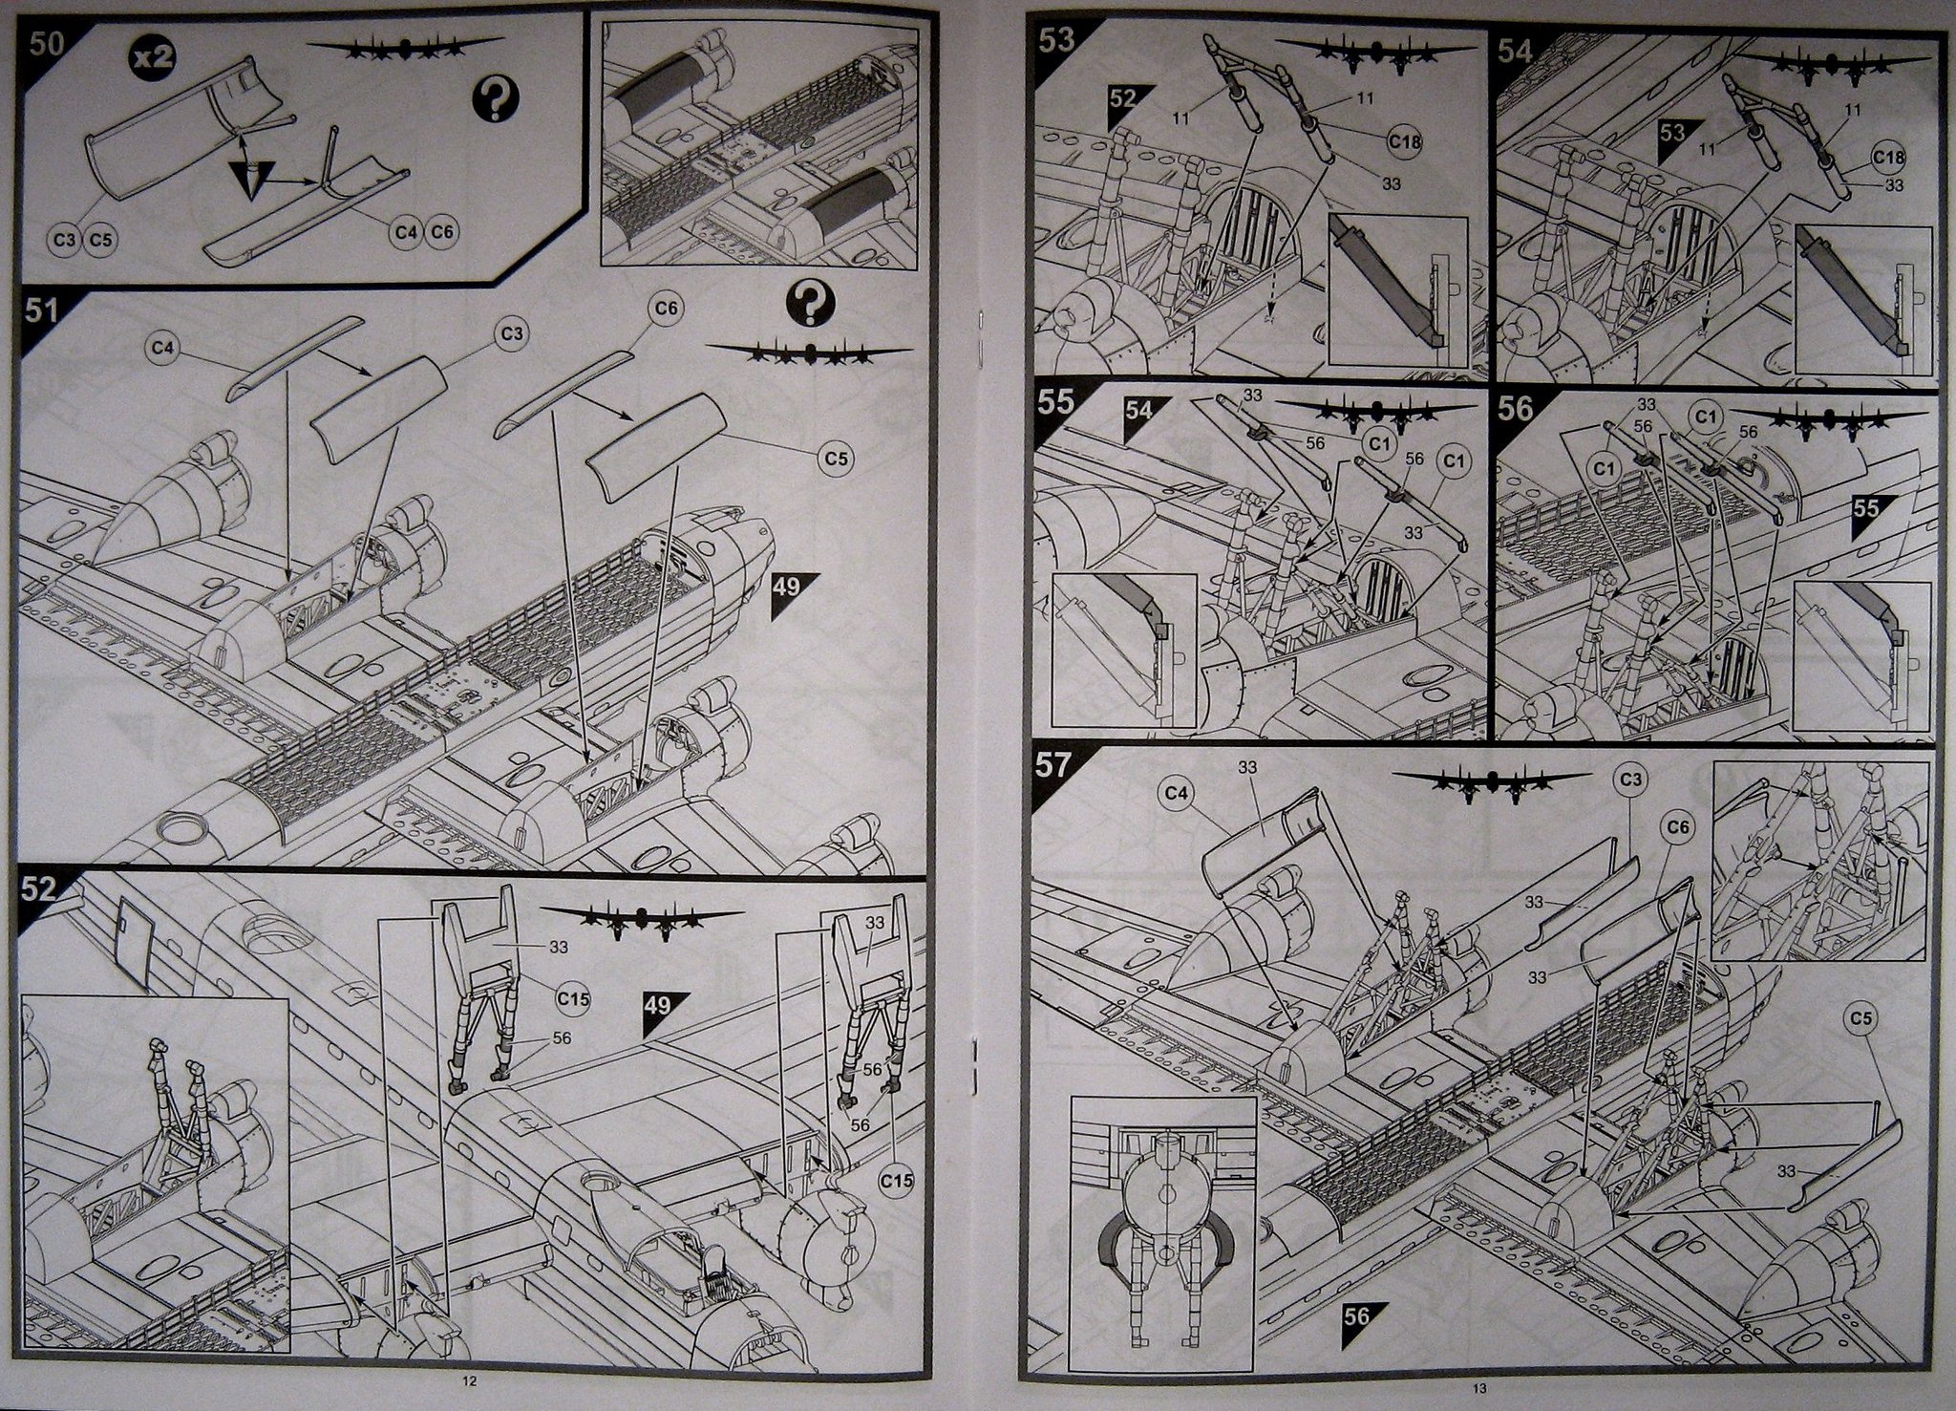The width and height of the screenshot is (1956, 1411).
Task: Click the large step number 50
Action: click(46, 44)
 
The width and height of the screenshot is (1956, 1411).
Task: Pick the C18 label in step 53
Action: click(1407, 141)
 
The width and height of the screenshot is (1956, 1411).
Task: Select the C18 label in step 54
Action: click(1889, 158)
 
